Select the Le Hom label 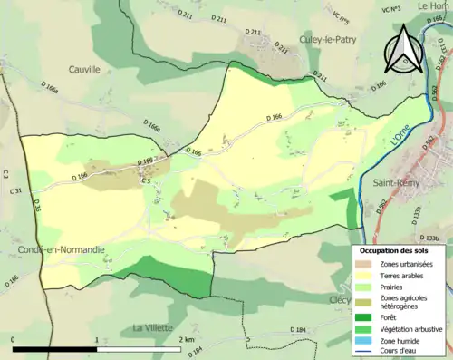[432, 6]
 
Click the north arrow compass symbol [402, 50]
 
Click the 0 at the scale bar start [14, 339]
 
